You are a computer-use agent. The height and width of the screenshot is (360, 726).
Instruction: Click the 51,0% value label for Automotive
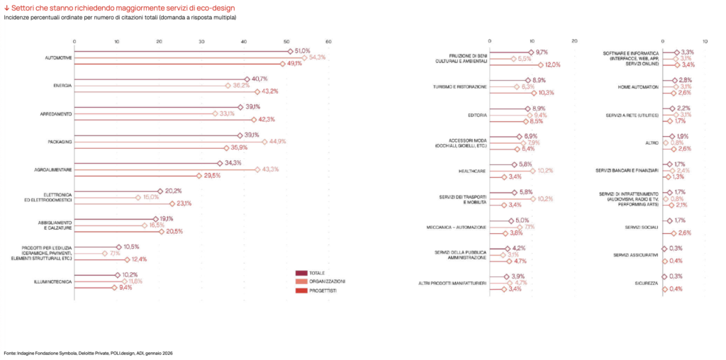303,51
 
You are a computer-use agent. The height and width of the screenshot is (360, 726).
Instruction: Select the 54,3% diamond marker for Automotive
304,57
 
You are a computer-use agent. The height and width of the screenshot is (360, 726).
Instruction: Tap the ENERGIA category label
63,85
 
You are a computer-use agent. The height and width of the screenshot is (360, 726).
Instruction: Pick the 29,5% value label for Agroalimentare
213,175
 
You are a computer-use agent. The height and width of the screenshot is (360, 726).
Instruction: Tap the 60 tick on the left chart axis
329,40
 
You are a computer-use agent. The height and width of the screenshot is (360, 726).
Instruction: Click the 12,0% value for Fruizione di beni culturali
552,64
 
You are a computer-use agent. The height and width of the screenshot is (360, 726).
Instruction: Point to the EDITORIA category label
477,115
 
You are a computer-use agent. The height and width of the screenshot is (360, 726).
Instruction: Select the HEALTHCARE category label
473,171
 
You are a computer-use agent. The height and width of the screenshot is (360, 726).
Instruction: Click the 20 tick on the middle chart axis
574,40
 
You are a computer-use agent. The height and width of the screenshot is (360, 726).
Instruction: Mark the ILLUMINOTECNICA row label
53,281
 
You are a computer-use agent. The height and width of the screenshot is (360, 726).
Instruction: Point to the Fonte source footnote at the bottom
89,352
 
